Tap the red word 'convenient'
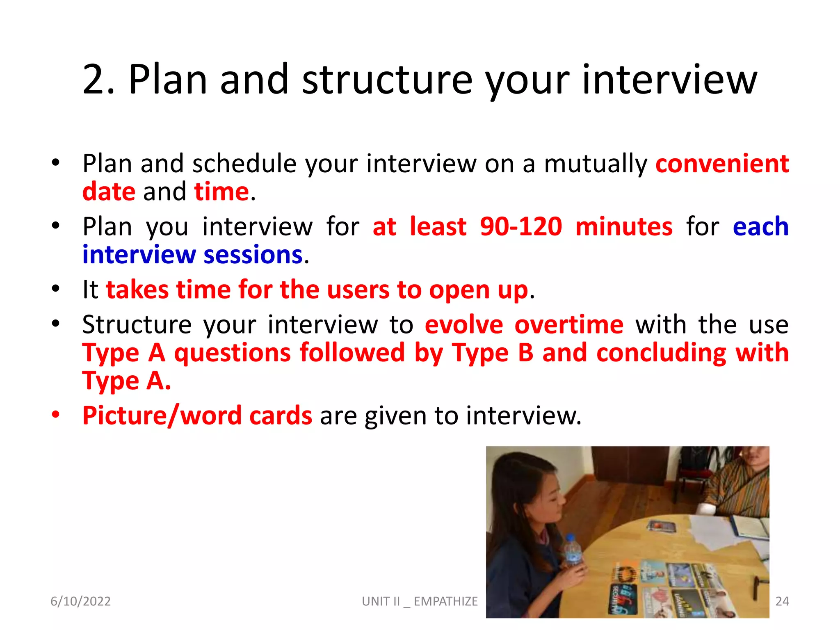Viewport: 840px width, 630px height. coord(722,164)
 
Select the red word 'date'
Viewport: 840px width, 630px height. coord(109,192)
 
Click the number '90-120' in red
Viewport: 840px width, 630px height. coord(521,226)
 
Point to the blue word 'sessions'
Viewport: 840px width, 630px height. coord(253,255)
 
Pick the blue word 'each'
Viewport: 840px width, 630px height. coord(760,226)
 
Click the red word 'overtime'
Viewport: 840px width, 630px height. coord(569,325)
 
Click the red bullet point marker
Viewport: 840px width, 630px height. coord(56,414)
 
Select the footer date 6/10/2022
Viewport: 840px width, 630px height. coord(80,601)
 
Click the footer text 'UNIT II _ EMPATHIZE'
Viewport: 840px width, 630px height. coord(420,601)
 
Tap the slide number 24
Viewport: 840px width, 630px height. coord(782,601)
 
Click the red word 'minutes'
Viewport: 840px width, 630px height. coord(624,226)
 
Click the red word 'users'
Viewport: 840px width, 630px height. coord(358,290)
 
